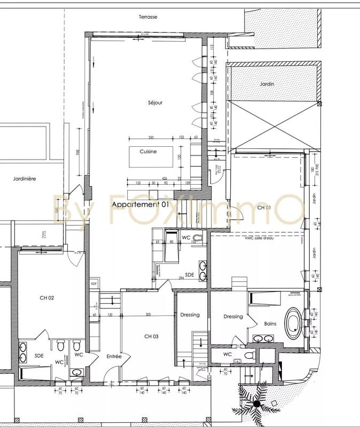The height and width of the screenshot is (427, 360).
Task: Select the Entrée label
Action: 114,356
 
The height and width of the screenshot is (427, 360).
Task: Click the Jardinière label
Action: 24,179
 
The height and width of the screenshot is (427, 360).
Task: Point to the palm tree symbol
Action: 256,405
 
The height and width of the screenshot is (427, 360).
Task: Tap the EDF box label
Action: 94,283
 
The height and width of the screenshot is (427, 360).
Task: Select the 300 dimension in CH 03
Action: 148,315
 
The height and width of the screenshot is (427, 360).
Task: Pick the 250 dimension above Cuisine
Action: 151,137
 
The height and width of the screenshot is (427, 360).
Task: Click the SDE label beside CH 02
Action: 39,354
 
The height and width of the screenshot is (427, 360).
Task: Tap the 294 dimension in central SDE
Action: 182,279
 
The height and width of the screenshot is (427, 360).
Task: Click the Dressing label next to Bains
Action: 233,317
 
